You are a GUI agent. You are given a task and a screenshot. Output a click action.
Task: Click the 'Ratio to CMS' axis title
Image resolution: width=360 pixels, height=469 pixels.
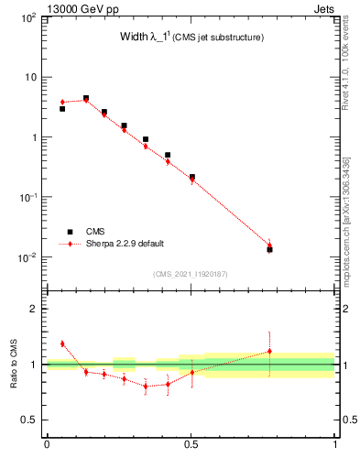pos(13,365)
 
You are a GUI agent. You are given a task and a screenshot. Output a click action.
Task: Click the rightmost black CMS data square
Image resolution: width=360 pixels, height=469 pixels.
pos(269,249)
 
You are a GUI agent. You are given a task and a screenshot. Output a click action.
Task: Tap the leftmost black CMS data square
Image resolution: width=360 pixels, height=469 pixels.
pos(62,109)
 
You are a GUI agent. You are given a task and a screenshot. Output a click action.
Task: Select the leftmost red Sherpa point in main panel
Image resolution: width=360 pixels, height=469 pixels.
pos(62,102)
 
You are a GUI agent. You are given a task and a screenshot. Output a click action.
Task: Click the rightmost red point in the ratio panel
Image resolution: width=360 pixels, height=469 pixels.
pos(269,351)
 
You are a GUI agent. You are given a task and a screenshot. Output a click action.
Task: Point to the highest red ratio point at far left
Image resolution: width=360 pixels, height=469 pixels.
pos(62,344)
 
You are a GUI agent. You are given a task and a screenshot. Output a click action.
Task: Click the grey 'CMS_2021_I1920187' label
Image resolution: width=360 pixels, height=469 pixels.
pos(191,273)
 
